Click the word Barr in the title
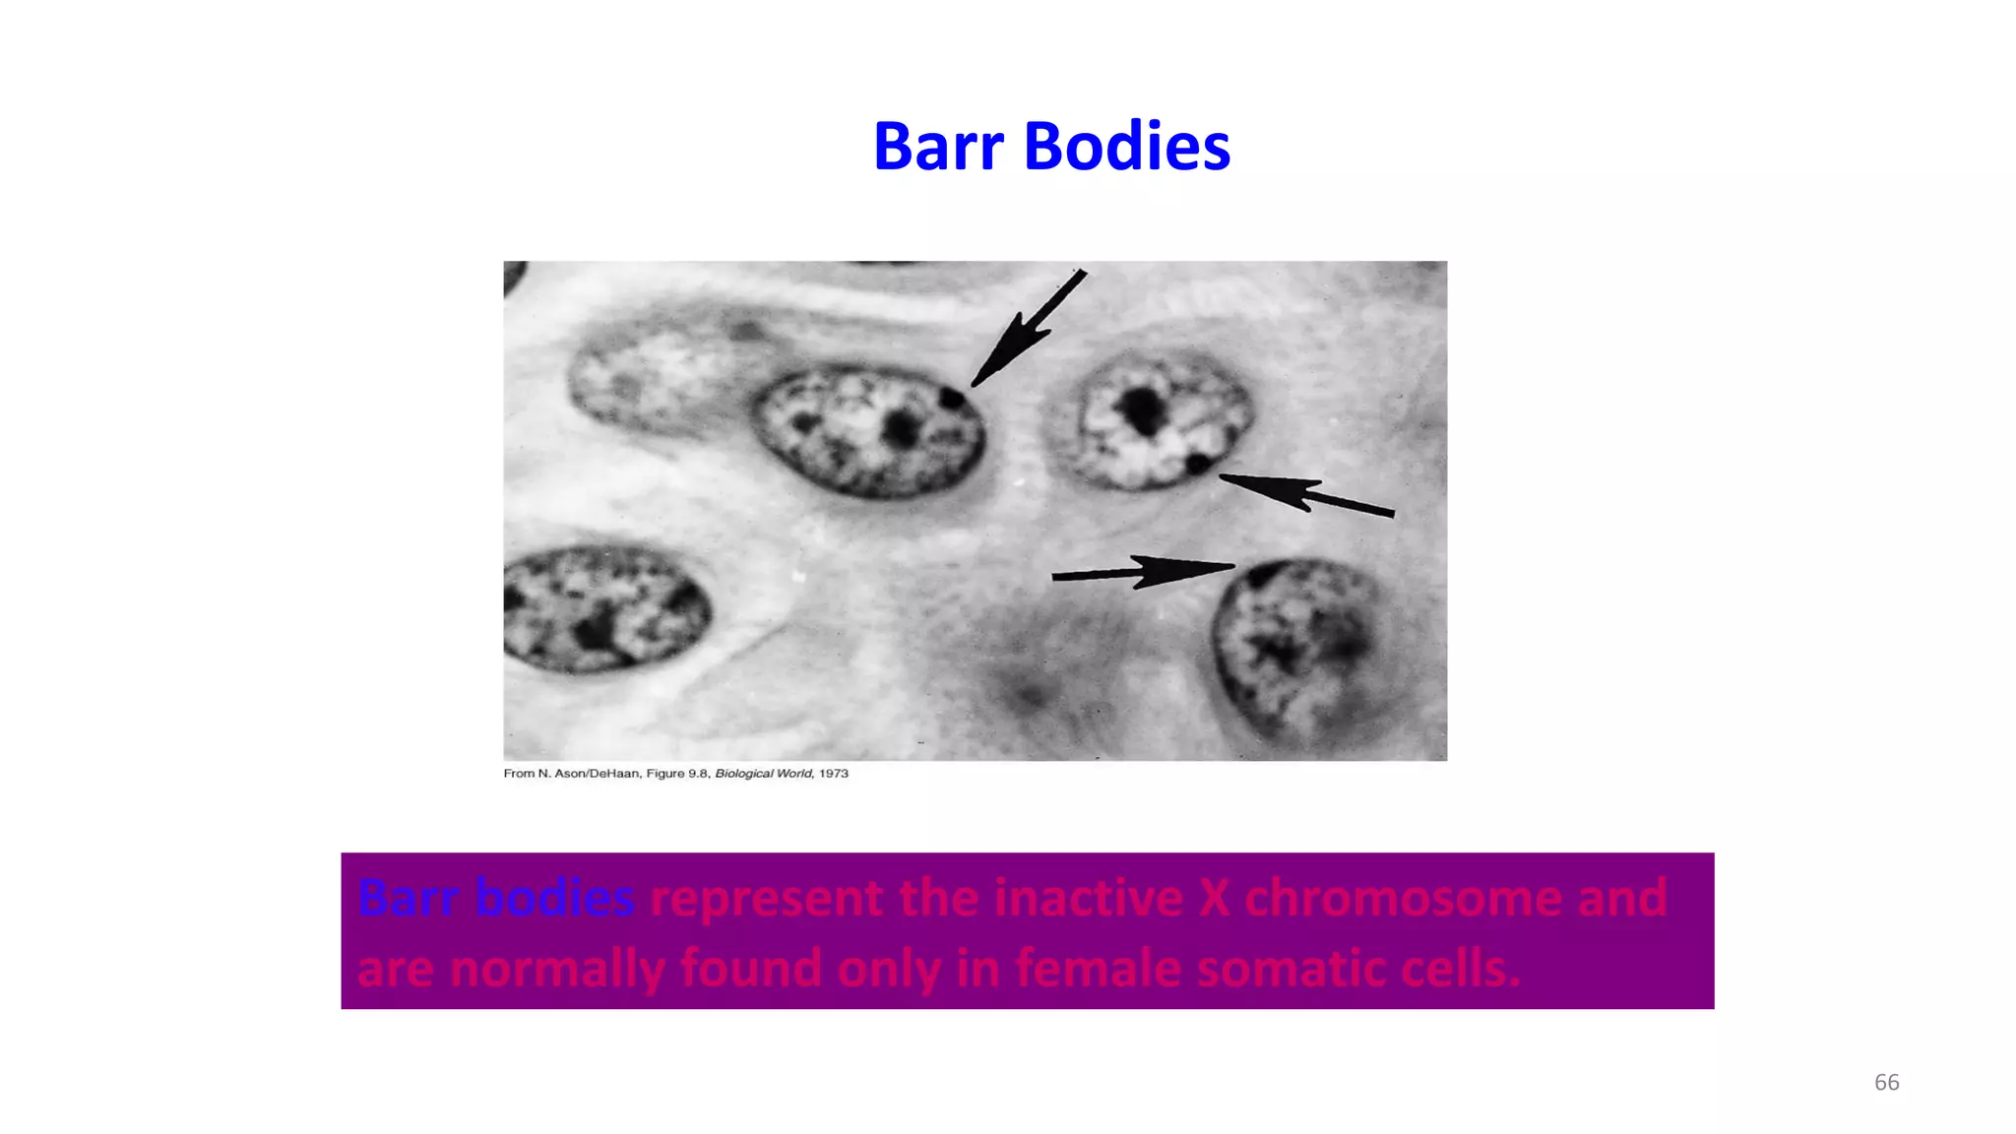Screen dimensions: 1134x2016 coord(937,146)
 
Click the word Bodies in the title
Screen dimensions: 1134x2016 coord(1126,146)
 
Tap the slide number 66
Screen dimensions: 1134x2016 coord(1886,1082)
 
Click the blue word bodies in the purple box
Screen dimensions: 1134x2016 coord(554,898)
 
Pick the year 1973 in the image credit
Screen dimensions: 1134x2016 coord(833,774)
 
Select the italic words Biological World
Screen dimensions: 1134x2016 coord(763,774)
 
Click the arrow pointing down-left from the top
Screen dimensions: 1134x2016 coord(1028,329)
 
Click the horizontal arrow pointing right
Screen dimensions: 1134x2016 coord(1142,571)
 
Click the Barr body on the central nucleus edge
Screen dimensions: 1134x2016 coord(951,398)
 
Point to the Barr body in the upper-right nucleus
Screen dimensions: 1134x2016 coord(1198,463)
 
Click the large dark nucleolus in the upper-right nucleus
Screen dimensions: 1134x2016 coord(1142,409)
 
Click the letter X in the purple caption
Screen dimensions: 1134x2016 coord(1214,898)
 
